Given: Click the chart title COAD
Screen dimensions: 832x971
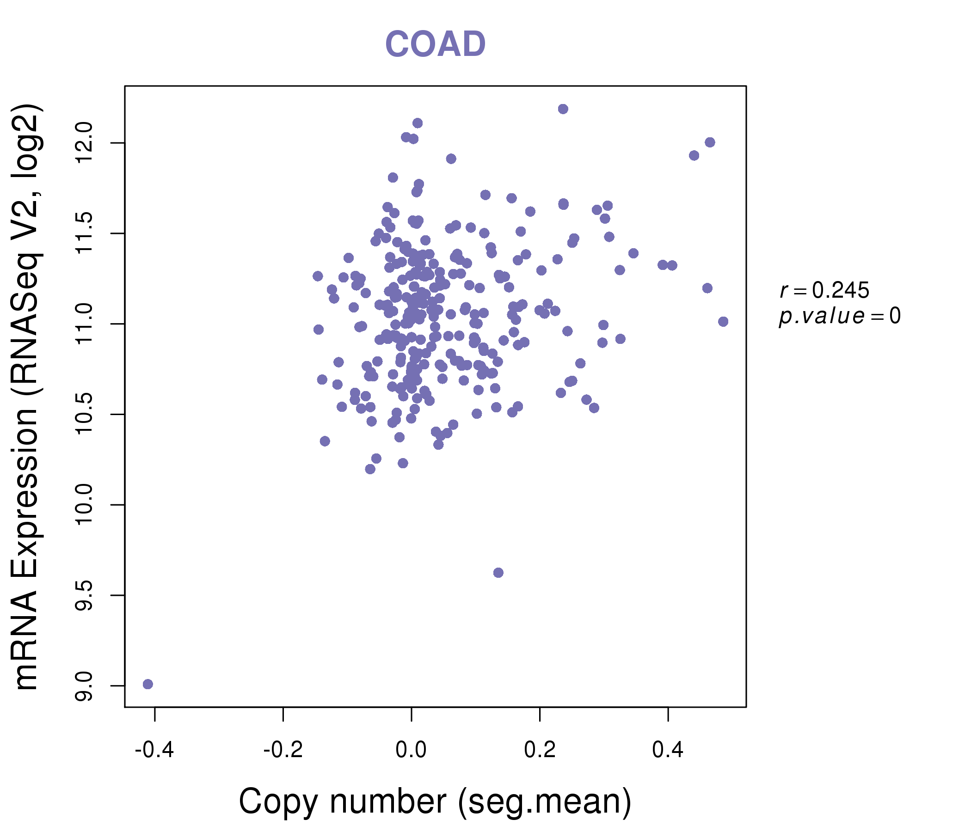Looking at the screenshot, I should (435, 44).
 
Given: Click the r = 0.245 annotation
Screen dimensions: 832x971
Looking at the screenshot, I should (824, 290).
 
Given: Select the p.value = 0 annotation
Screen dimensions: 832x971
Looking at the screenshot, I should (839, 316).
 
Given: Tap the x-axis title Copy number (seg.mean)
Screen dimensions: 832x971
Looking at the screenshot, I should (435, 801).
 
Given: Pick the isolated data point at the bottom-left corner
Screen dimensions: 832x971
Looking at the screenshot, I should (147, 684).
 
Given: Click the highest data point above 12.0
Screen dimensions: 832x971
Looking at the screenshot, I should (563, 109).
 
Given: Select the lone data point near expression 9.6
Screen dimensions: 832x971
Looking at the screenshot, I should (498, 573).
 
